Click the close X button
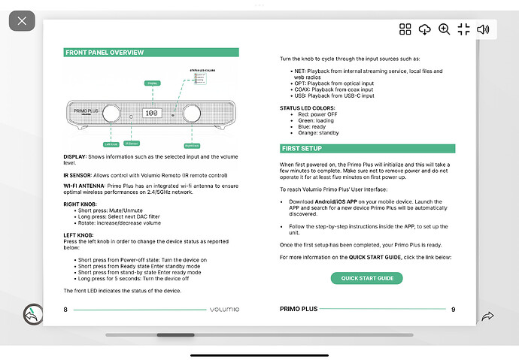click(22, 20)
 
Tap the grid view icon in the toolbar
click(405, 29)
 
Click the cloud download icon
click(425, 29)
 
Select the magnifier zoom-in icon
click(445, 29)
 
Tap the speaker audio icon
click(484, 29)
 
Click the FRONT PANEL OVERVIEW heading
click(105, 53)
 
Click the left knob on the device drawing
click(111, 113)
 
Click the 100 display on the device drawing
click(151, 113)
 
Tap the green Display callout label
click(153, 82)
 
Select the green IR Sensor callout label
click(132, 143)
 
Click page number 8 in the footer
click(65, 309)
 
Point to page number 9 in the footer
click(453, 309)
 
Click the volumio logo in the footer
click(226, 309)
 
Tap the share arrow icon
click(487, 316)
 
